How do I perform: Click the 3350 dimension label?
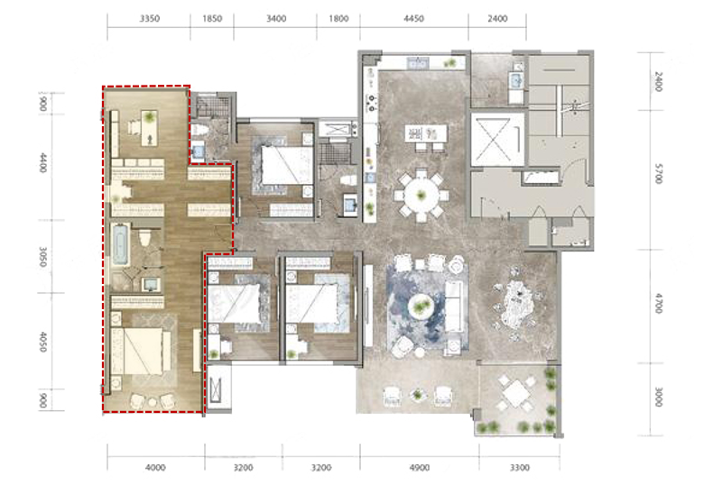(x=149, y=18)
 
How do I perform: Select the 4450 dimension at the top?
(x=413, y=18)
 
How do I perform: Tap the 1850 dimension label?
(x=212, y=18)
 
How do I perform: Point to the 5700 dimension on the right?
(x=658, y=173)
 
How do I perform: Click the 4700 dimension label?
(x=658, y=303)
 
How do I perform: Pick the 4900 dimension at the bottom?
(x=420, y=468)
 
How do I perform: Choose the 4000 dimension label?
(x=155, y=468)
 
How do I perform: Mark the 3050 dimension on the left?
(x=43, y=256)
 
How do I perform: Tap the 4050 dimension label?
(x=43, y=342)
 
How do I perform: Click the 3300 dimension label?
(x=520, y=468)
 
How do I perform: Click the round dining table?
(x=421, y=196)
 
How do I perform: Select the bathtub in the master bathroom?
(x=121, y=244)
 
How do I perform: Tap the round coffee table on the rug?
(x=421, y=307)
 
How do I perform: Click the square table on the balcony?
(x=517, y=393)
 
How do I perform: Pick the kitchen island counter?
(x=426, y=133)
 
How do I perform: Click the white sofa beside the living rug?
(x=455, y=307)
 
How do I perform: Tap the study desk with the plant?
(x=150, y=128)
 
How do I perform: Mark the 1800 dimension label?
(x=338, y=18)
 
